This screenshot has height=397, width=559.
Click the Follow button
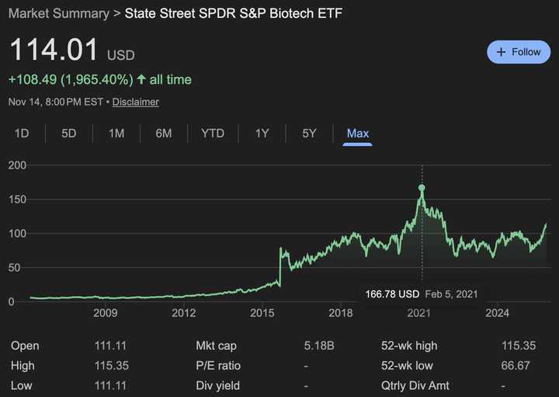518,52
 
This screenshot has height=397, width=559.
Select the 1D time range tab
22,134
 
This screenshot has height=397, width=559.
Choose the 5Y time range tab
309,134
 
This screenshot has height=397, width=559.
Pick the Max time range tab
357,134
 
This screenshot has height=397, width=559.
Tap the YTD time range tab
213,134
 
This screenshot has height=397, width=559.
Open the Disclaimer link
136,102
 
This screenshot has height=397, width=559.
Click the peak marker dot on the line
422,188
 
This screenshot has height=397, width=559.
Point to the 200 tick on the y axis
17,165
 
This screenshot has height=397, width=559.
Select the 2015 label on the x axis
262,313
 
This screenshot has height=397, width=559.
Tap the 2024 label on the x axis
497,313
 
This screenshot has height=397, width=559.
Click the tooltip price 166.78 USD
393,294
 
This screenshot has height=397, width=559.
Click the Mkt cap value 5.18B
318,346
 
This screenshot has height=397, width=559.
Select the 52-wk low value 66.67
517,366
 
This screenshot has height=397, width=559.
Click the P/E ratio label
218,366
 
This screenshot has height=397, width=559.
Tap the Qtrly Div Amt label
415,386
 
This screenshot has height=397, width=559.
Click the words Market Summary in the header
59,14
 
